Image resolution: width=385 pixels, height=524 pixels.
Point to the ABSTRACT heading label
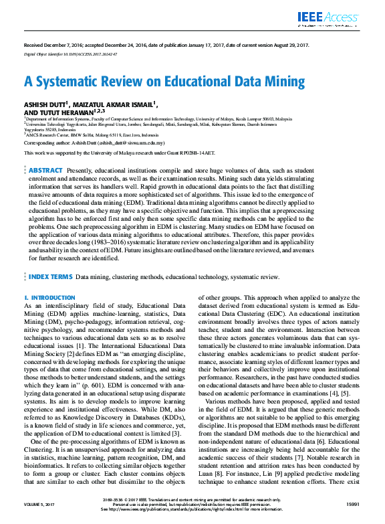pos(45,171)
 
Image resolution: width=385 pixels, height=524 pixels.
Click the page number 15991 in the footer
pos(354,503)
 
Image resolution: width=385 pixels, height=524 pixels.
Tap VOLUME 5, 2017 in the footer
pos(38,503)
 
